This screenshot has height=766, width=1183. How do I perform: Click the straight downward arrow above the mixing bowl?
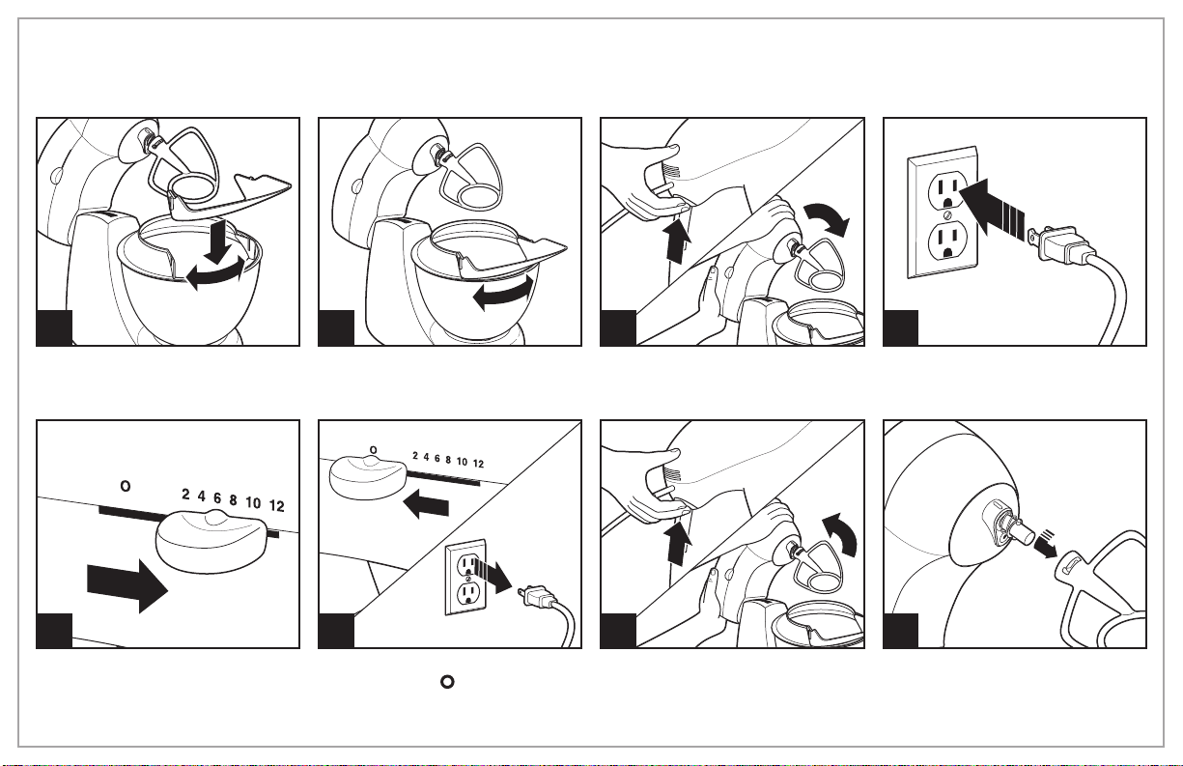point(215,241)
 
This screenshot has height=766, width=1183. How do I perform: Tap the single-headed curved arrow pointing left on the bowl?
point(503,295)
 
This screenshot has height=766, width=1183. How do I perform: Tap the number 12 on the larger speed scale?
point(276,505)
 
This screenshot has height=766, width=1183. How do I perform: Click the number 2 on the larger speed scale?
point(185,494)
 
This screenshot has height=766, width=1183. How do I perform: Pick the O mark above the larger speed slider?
point(126,485)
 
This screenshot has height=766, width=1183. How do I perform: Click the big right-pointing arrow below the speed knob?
point(127,586)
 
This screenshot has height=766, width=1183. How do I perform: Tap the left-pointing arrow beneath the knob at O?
point(426,503)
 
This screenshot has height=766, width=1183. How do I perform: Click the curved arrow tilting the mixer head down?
point(827,218)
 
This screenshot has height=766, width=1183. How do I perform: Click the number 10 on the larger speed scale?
point(253,502)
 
